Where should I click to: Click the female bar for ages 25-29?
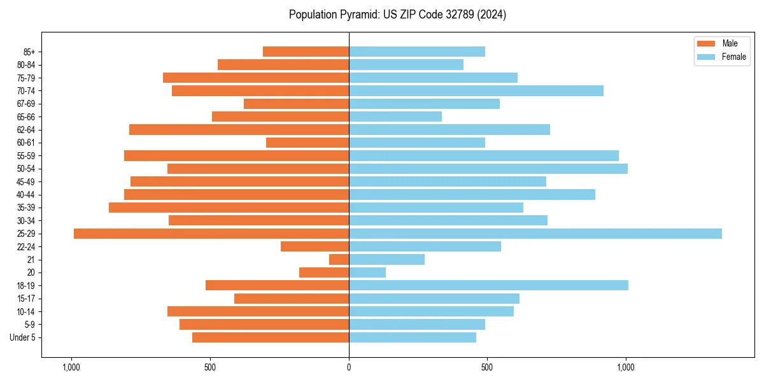click(x=535, y=234)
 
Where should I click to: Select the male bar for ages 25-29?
click(x=211, y=234)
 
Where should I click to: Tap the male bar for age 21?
click(x=339, y=260)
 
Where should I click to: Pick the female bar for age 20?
click(x=367, y=272)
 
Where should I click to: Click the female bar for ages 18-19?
click(x=488, y=285)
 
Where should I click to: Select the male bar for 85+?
click(x=306, y=52)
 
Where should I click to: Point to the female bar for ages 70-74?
click(x=476, y=91)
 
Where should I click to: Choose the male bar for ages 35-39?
click(x=229, y=208)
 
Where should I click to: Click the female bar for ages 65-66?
click(x=395, y=117)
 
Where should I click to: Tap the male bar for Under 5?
click(x=271, y=337)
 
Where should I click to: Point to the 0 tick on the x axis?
click(x=349, y=367)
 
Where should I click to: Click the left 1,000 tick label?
click(x=71, y=367)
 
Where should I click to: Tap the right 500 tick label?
click(x=487, y=367)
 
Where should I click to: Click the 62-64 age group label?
click(x=26, y=130)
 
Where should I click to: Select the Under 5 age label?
click(x=23, y=337)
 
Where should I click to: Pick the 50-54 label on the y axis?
click(x=26, y=169)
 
